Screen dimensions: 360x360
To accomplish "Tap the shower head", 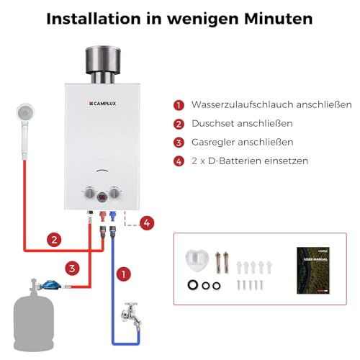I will [24, 114].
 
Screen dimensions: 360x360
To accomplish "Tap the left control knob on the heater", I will [90, 194].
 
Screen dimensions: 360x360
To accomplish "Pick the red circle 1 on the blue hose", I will [124, 274].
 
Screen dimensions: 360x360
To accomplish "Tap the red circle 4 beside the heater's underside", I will [146, 222].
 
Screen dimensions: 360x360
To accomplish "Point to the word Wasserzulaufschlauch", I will [235, 104].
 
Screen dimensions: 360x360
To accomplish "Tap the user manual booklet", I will [313, 271].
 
